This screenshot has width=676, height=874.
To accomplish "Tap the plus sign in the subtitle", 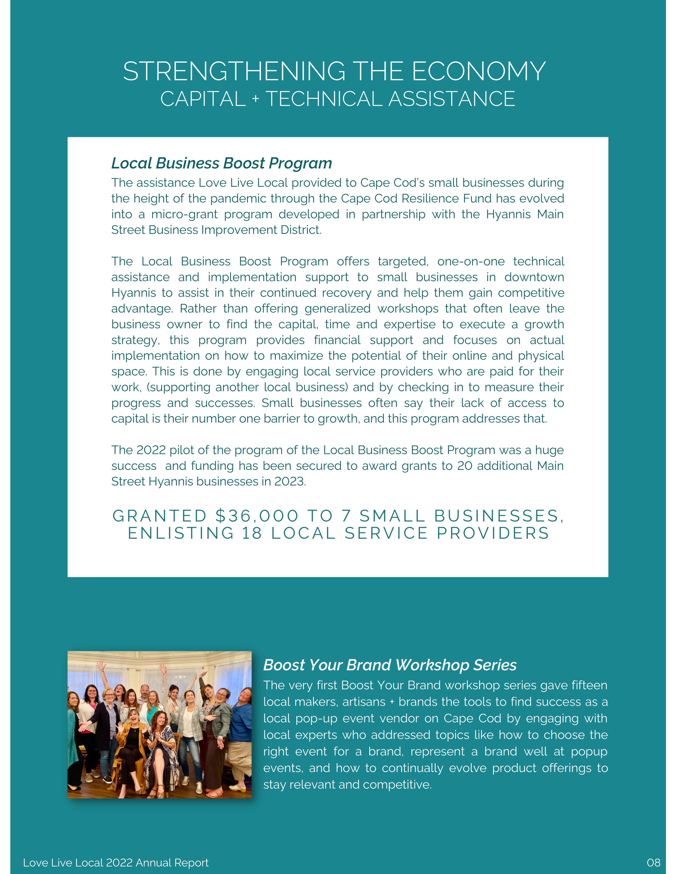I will coord(256,100).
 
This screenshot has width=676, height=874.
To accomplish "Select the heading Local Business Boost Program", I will coord(221,163).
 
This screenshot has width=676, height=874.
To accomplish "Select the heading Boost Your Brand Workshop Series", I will coord(390,665).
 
